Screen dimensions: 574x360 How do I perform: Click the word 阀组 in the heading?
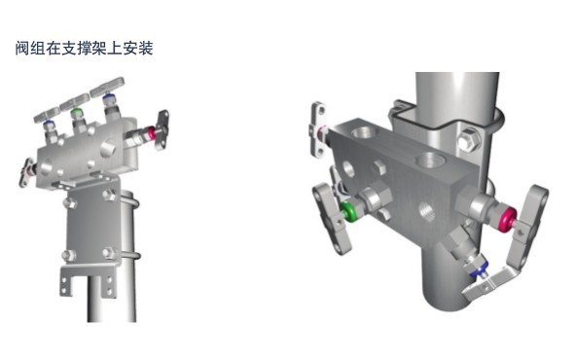tap(30, 48)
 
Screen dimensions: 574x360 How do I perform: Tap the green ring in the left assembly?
tap(77, 111)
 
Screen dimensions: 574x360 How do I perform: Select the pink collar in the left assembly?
tap(150, 133)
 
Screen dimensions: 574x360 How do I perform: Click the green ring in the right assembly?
tap(348, 212)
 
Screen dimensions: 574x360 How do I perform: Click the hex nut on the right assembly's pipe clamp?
tap(468, 140)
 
